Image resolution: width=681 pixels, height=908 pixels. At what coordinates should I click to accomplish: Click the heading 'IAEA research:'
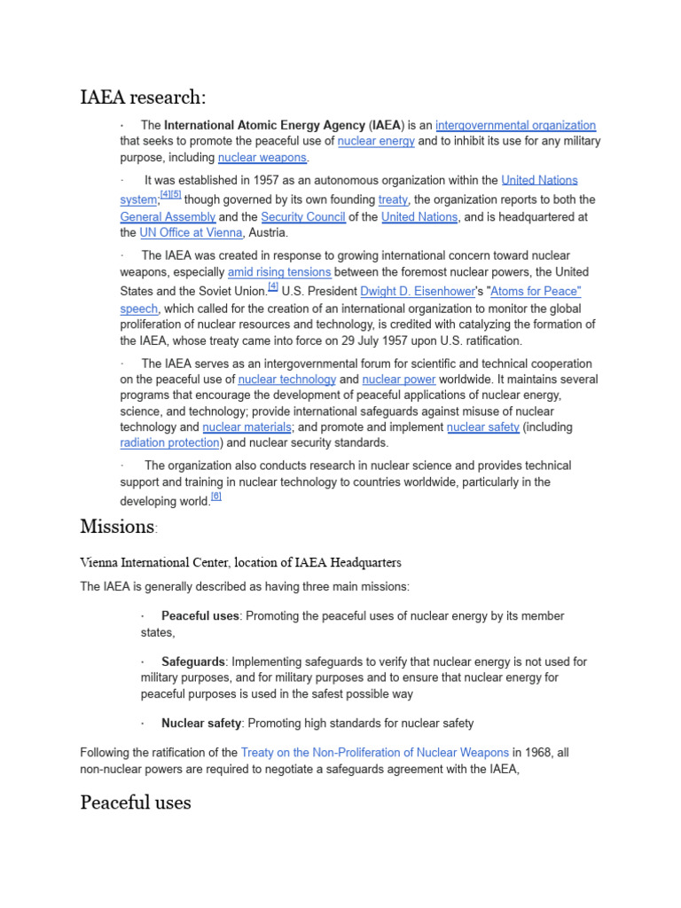(143, 97)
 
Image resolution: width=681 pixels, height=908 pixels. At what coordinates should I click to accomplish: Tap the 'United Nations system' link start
(539, 180)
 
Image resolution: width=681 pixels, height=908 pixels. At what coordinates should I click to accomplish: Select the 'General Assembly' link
(168, 216)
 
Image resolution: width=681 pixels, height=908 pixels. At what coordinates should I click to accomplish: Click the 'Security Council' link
(302, 216)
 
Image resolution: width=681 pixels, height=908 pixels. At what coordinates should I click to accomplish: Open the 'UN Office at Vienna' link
(191, 232)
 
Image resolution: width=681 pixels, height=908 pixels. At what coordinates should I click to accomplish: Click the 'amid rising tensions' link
(279, 271)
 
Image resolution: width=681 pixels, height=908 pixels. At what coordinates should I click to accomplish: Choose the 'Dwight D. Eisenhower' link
(416, 291)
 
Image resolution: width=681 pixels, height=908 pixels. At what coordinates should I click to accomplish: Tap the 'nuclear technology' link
(287, 380)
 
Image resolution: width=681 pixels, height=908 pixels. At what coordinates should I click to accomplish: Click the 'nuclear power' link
(399, 380)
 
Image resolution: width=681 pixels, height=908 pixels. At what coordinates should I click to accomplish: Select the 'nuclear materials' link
(247, 427)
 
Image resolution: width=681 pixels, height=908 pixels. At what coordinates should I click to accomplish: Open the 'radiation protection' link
(169, 442)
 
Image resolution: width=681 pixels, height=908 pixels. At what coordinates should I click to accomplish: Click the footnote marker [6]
(216, 497)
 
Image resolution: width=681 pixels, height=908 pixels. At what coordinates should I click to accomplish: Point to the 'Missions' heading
(117, 526)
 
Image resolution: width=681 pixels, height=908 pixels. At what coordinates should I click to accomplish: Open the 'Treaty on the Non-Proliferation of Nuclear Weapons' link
(374, 753)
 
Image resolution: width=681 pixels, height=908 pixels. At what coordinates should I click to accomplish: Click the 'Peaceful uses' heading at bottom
(135, 802)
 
